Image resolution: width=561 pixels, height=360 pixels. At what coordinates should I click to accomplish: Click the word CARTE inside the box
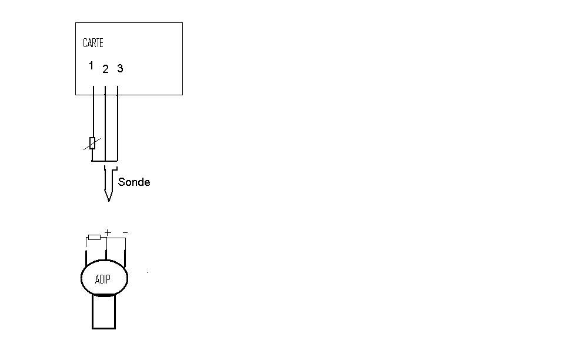click(x=93, y=43)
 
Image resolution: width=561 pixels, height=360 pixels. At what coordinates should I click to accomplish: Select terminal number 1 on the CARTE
click(x=91, y=66)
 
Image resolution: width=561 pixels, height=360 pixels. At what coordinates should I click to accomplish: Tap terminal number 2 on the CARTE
click(x=105, y=69)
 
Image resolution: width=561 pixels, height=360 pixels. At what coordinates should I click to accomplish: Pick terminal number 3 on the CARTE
click(x=120, y=69)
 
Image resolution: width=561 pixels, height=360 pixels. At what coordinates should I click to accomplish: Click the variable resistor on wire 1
click(x=92, y=143)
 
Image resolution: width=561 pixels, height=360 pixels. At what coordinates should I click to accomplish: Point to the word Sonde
click(x=134, y=182)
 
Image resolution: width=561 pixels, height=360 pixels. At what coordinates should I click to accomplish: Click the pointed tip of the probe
click(x=108, y=199)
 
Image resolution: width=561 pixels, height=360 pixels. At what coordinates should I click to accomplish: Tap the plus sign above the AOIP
click(x=108, y=233)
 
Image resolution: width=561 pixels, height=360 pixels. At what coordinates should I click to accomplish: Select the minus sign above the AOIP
click(x=125, y=233)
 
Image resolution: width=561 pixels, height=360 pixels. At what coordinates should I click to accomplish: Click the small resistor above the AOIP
click(x=94, y=238)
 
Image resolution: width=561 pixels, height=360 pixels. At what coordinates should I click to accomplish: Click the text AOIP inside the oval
click(x=103, y=279)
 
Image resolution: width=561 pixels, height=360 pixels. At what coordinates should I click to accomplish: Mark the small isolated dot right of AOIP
click(x=147, y=272)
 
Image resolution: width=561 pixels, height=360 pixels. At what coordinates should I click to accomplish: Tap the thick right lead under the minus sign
click(x=125, y=258)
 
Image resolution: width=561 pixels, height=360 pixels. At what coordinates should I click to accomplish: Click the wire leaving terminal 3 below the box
click(x=118, y=118)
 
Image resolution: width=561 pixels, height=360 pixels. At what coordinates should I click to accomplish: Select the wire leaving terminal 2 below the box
click(x=105, y=118)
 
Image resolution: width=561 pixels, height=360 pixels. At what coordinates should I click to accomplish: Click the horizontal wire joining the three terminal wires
click(x=105, y=161)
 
